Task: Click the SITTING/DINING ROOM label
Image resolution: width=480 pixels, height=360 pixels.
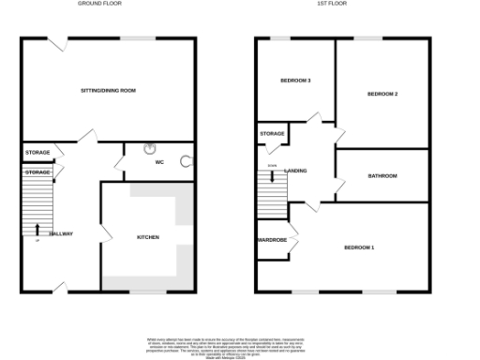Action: point(109,90)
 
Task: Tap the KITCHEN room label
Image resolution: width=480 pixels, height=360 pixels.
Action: point(148,237)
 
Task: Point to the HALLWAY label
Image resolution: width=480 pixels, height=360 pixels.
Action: point(61,233)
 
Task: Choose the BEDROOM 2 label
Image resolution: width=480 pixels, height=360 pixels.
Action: point(383,94)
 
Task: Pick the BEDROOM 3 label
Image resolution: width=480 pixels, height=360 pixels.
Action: point(296,81)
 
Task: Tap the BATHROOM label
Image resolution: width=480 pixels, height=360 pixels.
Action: point(382,175)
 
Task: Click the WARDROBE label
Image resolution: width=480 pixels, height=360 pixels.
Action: point(272,240)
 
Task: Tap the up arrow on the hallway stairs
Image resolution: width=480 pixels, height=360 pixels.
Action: point(37,228)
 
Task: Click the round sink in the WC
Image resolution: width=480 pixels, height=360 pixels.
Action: point(150,148)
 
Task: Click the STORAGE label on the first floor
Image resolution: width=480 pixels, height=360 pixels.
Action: point(272,134)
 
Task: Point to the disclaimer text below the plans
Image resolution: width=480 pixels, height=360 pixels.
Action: point(240,344)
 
